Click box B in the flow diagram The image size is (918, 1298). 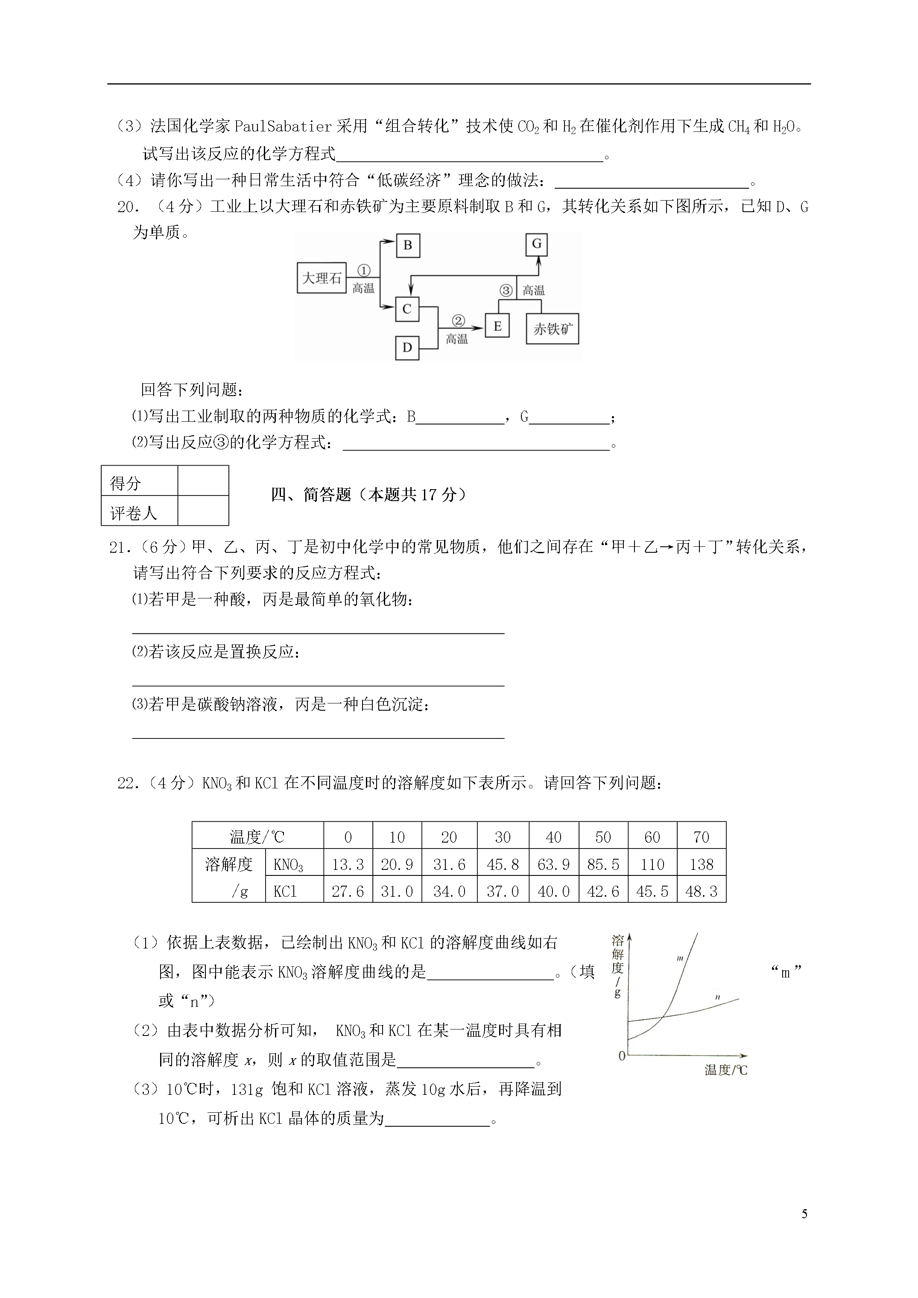[407, 246]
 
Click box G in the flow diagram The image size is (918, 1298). [537, 244]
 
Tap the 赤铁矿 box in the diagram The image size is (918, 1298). [553, 329]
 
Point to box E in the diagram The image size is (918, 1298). [497, 326]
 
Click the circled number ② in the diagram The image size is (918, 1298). [458, 321]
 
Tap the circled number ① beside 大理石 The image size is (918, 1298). [364, 271]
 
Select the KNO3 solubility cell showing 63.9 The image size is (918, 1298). [553, 864]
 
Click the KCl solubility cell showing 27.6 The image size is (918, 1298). [348, 892]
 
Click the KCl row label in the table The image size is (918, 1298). [285, 892]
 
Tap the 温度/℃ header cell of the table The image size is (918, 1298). [257, 837]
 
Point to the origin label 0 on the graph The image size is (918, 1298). [622, 1056]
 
